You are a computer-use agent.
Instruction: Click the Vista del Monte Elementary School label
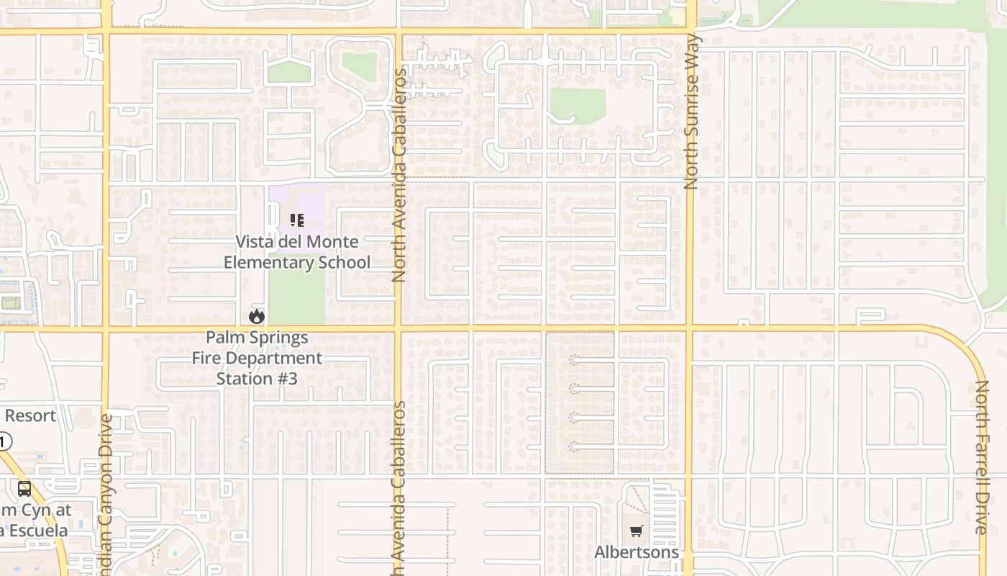click(x=297, y=252)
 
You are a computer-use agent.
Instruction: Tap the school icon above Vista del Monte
click(x=296, y=220)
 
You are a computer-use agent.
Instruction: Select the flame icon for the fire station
click(x=257, y=316)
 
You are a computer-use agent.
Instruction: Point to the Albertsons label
click(x=637, y=552)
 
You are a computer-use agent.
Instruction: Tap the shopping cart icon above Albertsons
click(x=636, y=532)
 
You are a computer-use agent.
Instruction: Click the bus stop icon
click(x=24, y=490)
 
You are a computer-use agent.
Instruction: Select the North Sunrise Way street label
click(x=692, y=112)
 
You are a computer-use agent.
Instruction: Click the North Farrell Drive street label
click(x=981, y=457)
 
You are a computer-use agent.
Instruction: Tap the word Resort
click(x=30, y=415)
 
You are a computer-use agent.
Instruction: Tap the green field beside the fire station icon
click(x=296, y=299)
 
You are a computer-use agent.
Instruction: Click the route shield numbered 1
click(x=4, y=441)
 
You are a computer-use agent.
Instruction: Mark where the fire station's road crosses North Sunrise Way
click(x=689, y=329)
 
